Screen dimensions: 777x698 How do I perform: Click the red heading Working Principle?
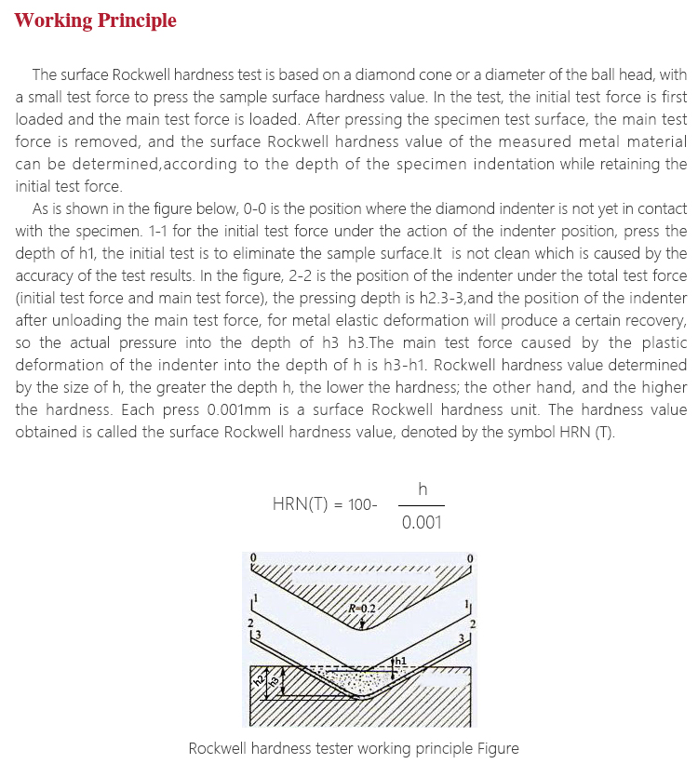(95, 20)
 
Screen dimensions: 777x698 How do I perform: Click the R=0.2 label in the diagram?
(362, 609)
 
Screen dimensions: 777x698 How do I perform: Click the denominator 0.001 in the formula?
(422, 522)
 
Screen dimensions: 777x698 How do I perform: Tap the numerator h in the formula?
(423, 488)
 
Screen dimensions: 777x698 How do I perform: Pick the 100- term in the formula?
(362, 504)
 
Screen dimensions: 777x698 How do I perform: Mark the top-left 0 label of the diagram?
(251, 558)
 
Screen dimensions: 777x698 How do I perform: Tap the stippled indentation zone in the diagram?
(358, 681)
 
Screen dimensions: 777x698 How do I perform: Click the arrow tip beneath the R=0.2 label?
(364, 623)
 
